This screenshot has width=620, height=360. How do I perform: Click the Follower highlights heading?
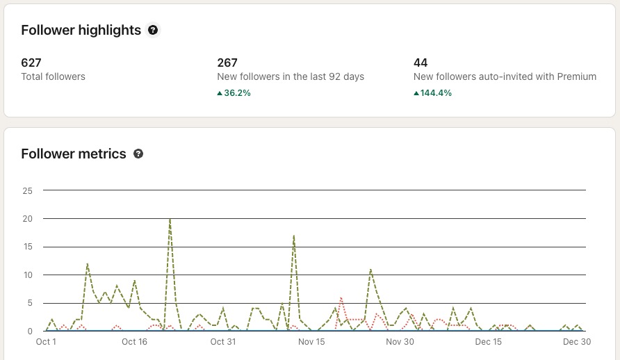[81, 30]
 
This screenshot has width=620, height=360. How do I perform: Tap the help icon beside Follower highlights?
[153, 30]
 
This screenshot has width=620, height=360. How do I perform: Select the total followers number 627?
[31, 63]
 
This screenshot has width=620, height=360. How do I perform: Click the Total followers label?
[54, 76]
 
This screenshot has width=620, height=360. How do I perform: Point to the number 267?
[227, 63]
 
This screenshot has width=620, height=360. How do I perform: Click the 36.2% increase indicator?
[234, 92]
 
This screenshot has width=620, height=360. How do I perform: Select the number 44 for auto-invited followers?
[420, 63]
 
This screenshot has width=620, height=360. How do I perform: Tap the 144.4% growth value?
[432, 92]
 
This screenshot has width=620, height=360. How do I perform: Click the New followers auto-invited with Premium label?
[505, 76]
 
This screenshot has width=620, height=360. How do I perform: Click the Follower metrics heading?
[74, 154]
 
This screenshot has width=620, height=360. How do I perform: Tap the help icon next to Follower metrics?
[138, 154]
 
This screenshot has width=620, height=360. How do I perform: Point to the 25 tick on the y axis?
[28, 190]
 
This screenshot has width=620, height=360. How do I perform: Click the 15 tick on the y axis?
[28, 247]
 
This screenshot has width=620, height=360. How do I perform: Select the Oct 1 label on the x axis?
[46, 342]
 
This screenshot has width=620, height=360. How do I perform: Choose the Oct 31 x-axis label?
[223, 342]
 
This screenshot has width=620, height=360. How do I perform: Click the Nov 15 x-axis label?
[311, 342]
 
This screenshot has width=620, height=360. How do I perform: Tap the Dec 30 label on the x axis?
[577, 342]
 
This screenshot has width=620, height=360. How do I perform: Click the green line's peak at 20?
[170, 219]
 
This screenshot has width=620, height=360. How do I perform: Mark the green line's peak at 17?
[294, 236]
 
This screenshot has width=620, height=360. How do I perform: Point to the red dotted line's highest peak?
[341, 297]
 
